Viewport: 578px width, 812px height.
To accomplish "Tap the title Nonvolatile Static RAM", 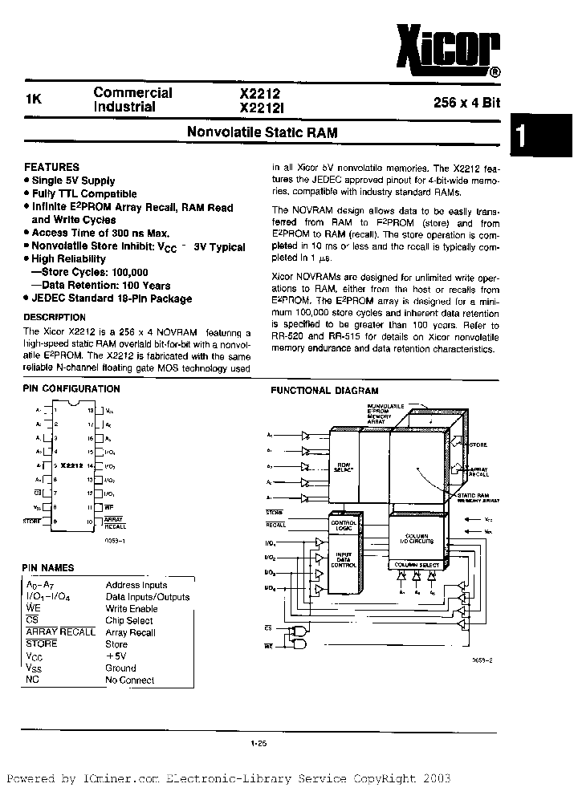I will (262, 132).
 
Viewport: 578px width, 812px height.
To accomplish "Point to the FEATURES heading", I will (51, 167).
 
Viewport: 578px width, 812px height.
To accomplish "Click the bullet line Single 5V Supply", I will (73, 181).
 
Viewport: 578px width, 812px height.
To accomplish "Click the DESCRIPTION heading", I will (55, 317).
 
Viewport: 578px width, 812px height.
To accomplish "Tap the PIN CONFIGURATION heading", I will (71, 388).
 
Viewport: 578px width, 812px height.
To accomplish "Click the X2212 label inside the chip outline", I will (72, 465).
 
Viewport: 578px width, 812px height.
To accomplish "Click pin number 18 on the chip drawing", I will (91, 410).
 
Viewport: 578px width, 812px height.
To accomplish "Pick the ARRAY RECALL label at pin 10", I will (115, 523).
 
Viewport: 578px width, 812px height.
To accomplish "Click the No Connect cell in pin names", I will (129, 680).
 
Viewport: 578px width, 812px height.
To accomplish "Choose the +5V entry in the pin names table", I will (116, 656).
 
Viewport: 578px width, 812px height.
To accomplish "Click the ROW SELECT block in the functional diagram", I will (343, 467).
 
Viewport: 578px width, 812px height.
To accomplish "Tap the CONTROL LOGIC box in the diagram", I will (343, 526).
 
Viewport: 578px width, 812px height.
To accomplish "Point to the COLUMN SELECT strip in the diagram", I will (415, 566).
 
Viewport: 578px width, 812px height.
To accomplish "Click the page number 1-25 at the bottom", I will (258, 745).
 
